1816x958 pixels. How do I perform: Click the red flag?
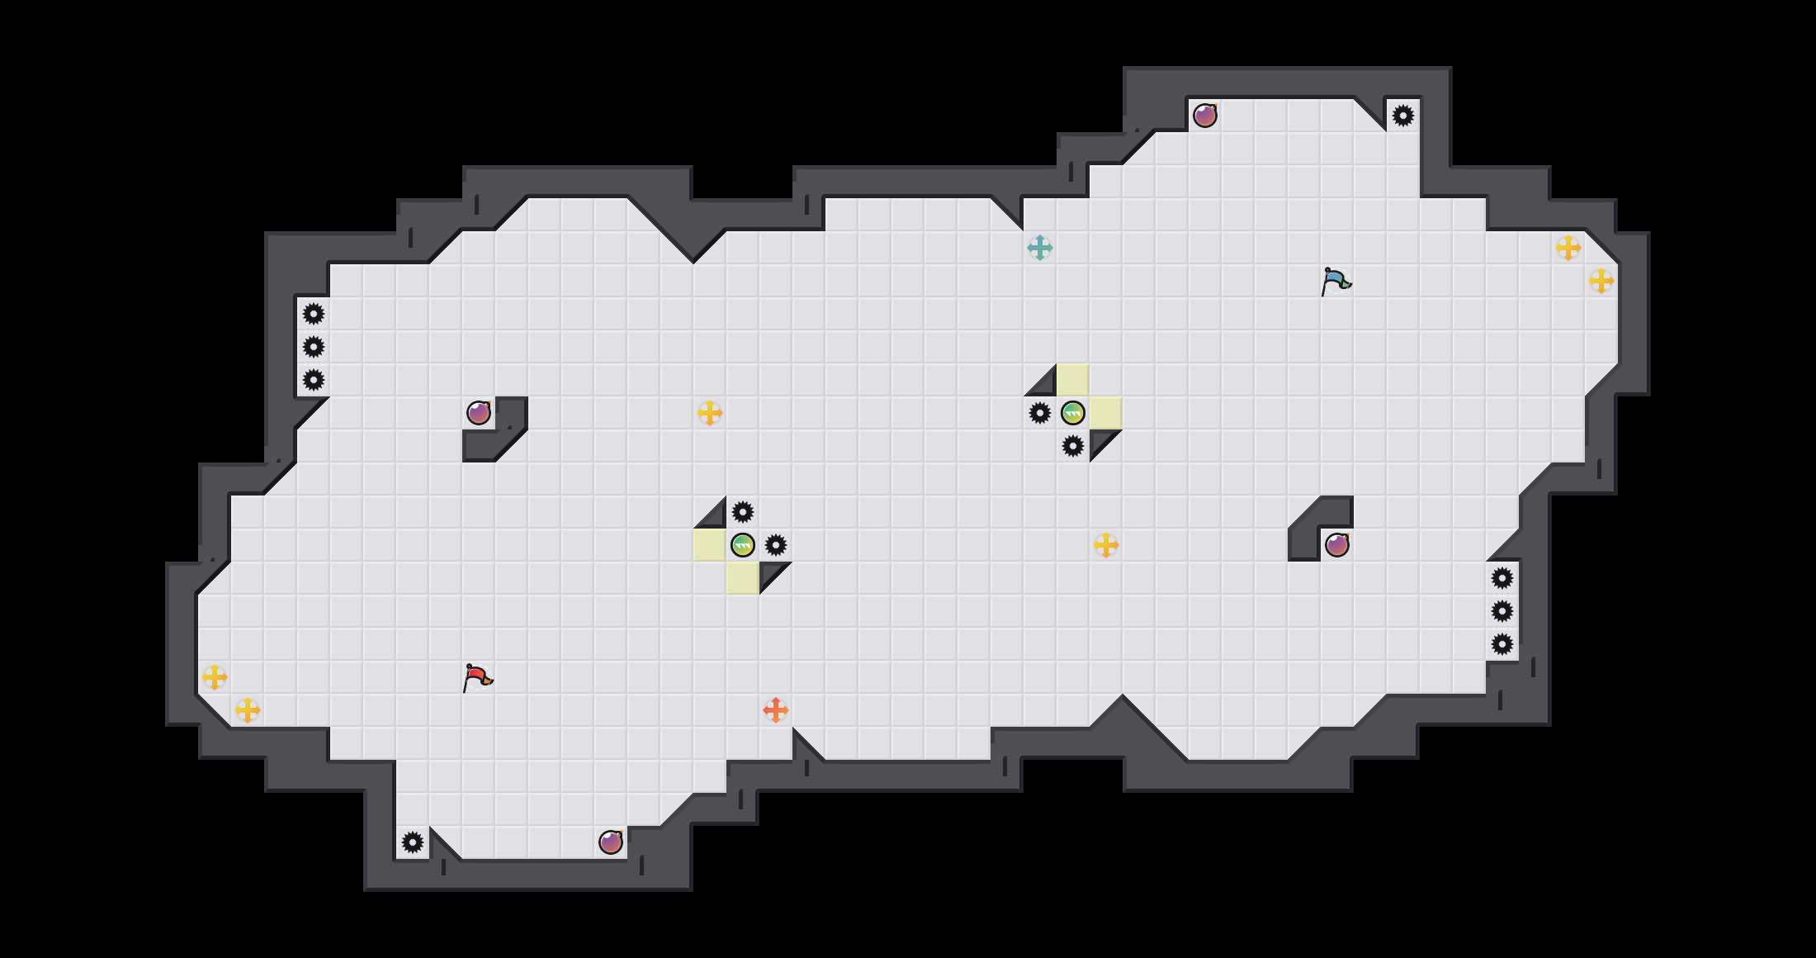pyautogui.click(x=477, y=678)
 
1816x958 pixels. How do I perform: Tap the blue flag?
pyautogui.click(x=1336, y=282)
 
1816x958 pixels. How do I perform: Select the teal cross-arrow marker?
pyautogui.click(x=1040, y=248)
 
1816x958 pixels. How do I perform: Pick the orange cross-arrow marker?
pyautogui.click(x=776, y=710)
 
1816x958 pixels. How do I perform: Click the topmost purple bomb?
pyautogui.click(x=1205, y=116)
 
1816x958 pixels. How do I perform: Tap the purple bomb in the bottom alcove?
pyautogui.click(x=611, y=842)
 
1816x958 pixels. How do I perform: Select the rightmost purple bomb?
pyautogui.click(x=1337, y=545)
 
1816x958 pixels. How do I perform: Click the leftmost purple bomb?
pyautogui.click(x=479, y=413)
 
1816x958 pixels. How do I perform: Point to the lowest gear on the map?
pyautogui.click(x=413, y=842)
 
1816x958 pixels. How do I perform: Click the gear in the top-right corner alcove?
pyautogui.click(x=1403, y=116)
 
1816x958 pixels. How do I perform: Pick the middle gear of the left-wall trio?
pyautogui.click(x=314, y=347)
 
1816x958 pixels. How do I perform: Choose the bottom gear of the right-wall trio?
pyautogui.click(x=1502, y=644)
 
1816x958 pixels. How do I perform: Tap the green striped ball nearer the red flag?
pyautogui.click(x=743, y=545)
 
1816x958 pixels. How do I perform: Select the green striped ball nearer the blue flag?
pyautogui.click(x=1073, y=413)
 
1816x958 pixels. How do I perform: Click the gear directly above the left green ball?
pyautogui.click(x=743, y=512)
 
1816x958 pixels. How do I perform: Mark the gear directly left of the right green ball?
pyautogui.click(x=1040, y=413)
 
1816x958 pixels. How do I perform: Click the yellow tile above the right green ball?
pyautogui.click(x=1073, y=380)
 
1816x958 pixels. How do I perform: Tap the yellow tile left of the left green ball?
pyautogui.click(x=710, y=545)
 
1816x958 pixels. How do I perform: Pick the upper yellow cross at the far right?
pyautogui.click(x=1568, y=248)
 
